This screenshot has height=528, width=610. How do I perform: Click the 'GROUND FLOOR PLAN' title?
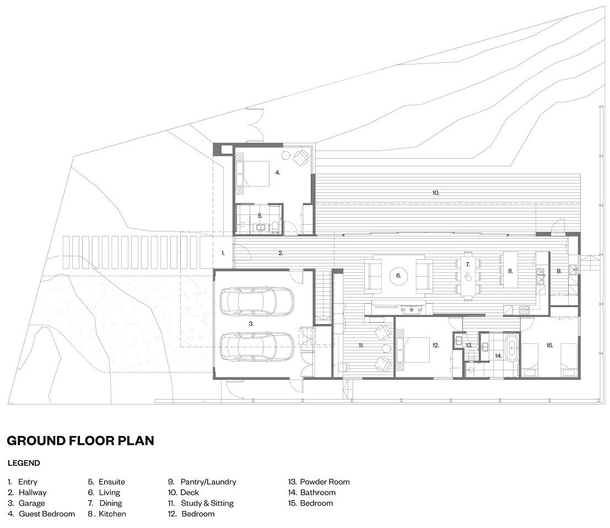[80, 441]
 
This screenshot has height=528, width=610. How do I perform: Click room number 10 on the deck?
[435, 193]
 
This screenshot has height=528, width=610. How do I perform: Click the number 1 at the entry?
[223, 254]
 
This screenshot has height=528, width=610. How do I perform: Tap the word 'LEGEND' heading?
[24, 464]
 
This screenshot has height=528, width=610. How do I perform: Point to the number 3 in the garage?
[251, 324]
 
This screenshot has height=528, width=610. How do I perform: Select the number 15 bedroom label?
[549, 346]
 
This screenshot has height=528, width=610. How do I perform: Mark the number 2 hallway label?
[280, 254]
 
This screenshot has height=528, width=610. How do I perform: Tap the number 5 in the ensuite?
[260, 215]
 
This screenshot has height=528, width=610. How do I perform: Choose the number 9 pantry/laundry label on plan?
[559, 271]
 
